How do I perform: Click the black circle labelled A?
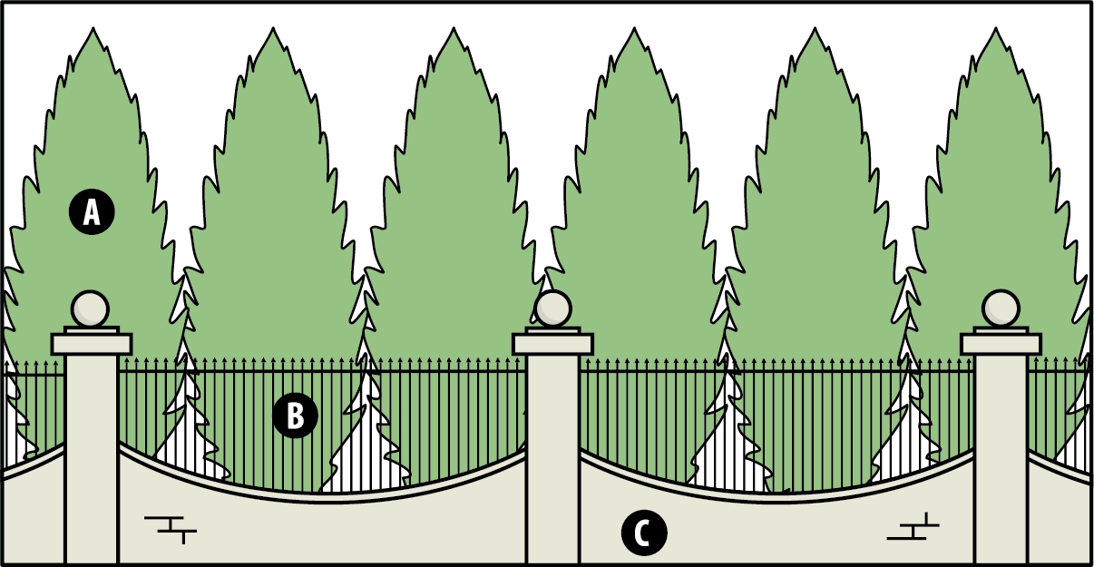pos(92,212)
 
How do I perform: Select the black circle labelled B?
pos(296,415)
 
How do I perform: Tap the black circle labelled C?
pos(644,533)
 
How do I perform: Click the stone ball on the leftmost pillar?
pos(91,308)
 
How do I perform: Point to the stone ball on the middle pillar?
pos(552,308)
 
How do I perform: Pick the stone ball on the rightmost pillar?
pos(1001,308)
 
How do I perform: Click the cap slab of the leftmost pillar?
pos(92,344)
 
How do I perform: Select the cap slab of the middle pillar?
pos(552,344)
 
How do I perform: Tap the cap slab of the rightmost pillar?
pos(1001,344)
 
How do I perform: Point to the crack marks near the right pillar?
pos(913,526)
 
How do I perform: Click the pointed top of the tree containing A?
pos(93,28)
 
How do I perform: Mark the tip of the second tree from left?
pos(273,28)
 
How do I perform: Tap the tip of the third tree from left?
pos(454,28)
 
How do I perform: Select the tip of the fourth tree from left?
pos(634,28)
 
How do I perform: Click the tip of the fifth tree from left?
pos(815,28)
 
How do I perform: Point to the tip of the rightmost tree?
pos(996,28)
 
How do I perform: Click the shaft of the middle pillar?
pos(552,459)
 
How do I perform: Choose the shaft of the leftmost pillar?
pos(92,459)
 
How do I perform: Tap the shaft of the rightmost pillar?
pos(1001,459)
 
